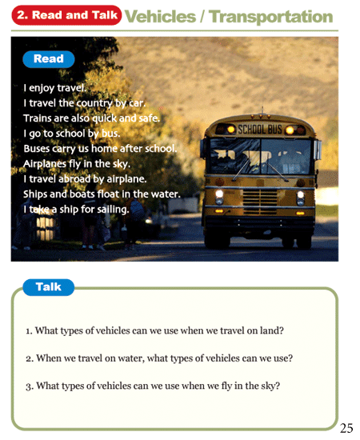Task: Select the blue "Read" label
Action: [48, 59]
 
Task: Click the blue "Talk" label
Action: [48, 287]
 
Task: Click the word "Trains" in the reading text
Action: [37, 118]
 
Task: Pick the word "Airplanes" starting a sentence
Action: [46, 163]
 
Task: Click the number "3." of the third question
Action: [30, 386]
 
